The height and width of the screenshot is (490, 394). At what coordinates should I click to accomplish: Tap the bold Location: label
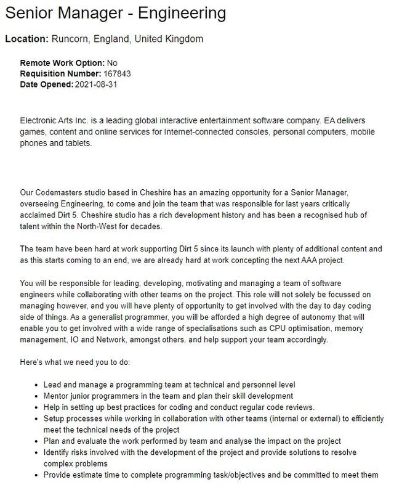click(x=26, y=39)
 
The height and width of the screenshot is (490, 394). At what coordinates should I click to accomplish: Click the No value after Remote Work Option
click(x=112, y=63)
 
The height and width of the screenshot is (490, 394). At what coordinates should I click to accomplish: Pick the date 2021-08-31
click(x=95, y=84)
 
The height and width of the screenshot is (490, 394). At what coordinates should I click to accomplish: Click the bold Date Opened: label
click(x=46, y=84)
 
